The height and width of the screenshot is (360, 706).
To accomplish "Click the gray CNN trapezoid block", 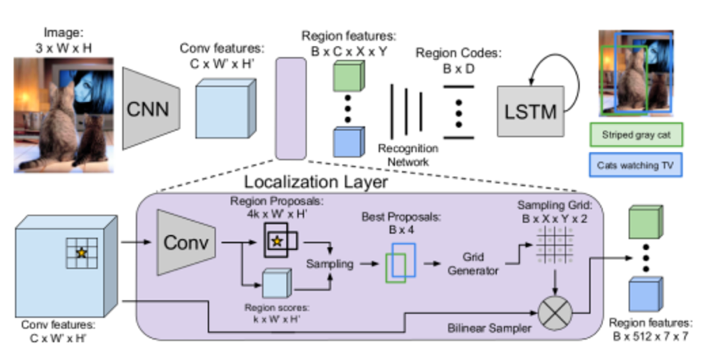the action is [151, 108].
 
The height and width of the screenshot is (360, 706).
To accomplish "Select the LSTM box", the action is [530, 111].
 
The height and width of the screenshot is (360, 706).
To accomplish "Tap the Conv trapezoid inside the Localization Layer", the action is [186, 243].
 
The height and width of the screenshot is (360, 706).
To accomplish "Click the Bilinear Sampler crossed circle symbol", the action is [556, 313].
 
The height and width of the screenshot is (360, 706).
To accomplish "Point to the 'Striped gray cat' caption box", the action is [636, 135].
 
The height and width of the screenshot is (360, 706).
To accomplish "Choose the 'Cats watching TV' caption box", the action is [635, 165].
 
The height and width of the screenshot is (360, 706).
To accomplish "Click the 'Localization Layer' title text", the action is [315, 182].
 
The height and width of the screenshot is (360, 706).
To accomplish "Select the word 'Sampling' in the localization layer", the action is [330, 264].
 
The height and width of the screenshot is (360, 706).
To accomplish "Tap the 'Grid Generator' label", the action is [472, 264].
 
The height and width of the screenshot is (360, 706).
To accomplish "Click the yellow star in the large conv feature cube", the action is [82, 253].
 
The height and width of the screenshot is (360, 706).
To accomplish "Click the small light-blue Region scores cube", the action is [276, 283].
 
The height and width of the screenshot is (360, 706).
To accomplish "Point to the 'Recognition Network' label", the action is [408, 155].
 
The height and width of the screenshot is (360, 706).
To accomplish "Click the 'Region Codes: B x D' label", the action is [458, 60].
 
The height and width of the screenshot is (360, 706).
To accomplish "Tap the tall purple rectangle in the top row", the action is [291, 108].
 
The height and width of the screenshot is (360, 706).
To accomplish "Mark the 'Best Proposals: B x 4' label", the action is [401, 223].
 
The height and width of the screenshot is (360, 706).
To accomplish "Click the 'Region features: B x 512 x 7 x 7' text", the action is [650, 329].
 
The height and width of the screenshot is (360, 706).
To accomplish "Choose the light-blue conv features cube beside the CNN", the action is [226, 108].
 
